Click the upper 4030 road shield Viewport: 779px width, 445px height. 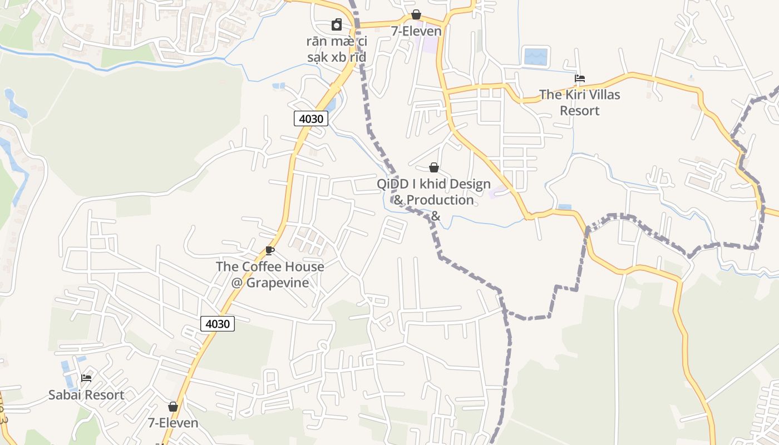click(x=311, y=118)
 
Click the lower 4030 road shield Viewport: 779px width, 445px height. click(x=218, y=324)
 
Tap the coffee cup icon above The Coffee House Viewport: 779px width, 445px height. click(x=270, y=251)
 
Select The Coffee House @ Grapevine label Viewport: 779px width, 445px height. click(x=270, y=274)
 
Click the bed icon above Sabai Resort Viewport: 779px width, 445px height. click(x=86, y=378)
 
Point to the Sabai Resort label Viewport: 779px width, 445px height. click(x=86, y=395)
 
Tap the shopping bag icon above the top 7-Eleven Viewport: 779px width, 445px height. click(x=416, y=14)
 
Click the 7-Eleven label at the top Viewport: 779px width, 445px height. click(x=416, y=31)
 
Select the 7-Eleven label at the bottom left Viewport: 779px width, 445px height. click(x=173, y=423)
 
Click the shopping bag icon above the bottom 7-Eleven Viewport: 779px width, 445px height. click(x=173, y=407)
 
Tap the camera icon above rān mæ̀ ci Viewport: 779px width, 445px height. click(x=337, y=24)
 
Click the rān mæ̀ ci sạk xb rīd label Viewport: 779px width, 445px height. click(x=337, y=49)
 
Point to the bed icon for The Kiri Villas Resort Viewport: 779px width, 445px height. click(x=580, y=78)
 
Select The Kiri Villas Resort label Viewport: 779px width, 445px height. click(x=580, y=102)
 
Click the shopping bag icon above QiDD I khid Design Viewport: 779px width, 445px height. click(x=434, y=167)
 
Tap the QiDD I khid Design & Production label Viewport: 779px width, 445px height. click(x=434, y=192)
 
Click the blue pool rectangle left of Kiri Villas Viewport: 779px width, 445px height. click(x=536, y=56)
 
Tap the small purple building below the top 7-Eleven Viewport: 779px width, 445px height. click(x=429, y=44)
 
